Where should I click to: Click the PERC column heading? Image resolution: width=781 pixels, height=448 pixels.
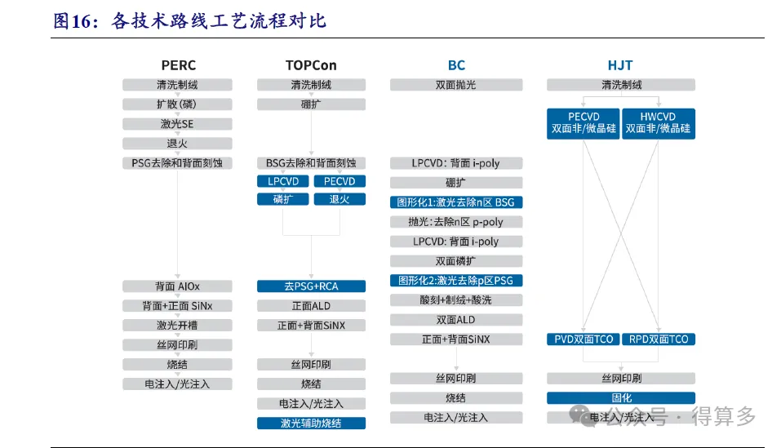[x=178, y=65]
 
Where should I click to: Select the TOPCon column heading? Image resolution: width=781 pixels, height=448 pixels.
[x=311, y=65]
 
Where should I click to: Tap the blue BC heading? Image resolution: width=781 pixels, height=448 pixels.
[x=456, y=65]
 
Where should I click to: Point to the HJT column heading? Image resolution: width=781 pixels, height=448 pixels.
[x=620, y=65]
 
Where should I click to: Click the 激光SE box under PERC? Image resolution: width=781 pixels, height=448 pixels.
[x=177, y=124]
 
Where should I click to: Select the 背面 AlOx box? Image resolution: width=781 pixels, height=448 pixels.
[x=177, y=286]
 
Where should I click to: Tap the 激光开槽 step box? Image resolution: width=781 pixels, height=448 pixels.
[x=177, y=325]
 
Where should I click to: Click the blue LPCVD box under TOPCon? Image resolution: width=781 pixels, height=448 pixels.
[x=283, y=181]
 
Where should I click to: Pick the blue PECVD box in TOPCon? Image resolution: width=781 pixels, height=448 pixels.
[x=339, y=181]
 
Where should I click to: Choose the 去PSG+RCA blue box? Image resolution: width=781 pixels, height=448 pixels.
[x=311, y=286]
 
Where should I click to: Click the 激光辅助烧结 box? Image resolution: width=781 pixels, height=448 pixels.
[x=311, y=423]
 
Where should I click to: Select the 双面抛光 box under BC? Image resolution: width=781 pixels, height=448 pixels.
[x=456, y=85]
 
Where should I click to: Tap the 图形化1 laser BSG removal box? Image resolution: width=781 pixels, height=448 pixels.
[x=456, y=202]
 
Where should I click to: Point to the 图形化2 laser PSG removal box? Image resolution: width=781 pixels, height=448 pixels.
[x=456, y=280]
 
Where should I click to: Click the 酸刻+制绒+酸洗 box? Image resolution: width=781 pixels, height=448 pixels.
[x=456, y=300]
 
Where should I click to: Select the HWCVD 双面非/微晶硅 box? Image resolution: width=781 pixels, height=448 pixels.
[x=659, y=123]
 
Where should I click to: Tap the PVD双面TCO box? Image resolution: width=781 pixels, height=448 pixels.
[x=584, y=339]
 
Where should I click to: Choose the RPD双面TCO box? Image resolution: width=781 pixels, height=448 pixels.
[x=659, y=339]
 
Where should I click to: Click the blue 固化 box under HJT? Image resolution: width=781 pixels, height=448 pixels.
[x=621, y=397]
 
